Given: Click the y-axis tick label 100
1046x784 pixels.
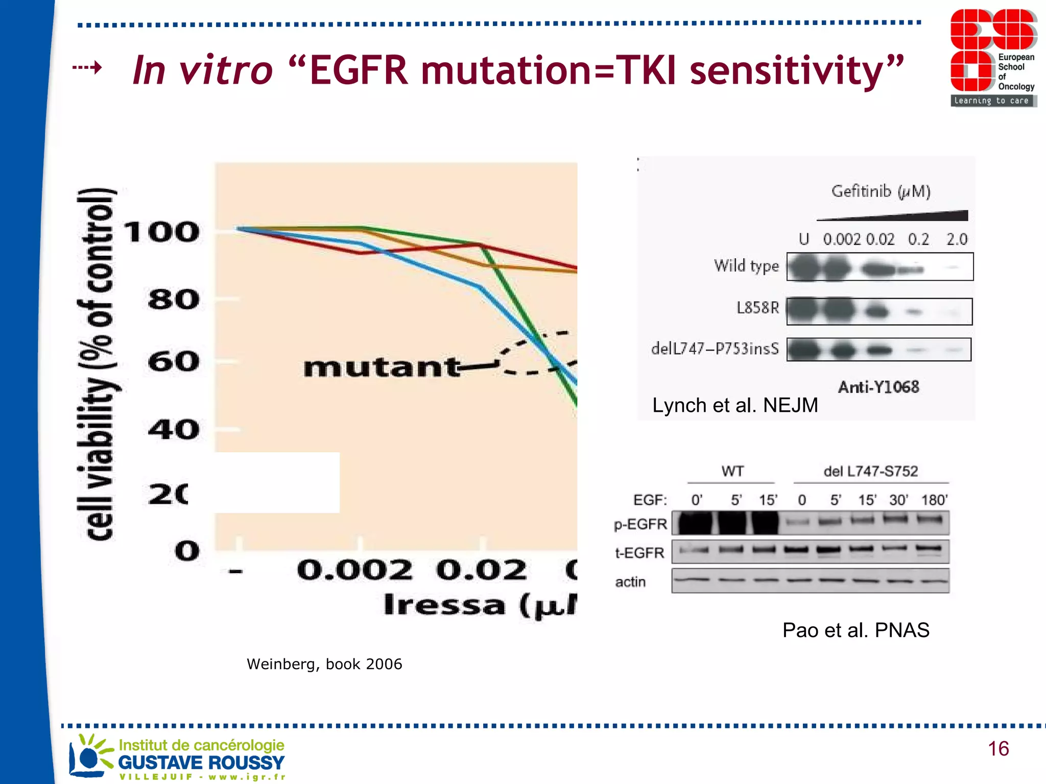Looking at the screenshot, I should click(161, 232).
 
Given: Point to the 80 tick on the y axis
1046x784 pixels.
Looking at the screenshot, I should click(174, 300).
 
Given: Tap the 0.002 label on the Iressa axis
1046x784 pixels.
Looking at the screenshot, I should click(354, 570).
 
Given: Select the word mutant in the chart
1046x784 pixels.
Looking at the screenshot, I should click(382, 367).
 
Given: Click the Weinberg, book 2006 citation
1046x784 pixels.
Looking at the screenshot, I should click(324, 664).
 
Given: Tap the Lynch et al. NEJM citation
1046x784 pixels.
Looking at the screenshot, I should click(735, 405).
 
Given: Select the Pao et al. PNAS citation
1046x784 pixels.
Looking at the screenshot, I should click(855, 630).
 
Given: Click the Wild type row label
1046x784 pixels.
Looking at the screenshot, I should click(746, 266).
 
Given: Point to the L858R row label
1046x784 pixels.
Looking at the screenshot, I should click(757, 308).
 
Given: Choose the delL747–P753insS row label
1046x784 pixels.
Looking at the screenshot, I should click(715, 349).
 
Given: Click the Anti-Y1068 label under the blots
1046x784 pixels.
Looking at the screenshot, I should click(878, 387).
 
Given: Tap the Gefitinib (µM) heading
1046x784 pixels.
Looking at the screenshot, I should click(881, 191).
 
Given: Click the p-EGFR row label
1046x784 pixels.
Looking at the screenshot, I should click(640, 524).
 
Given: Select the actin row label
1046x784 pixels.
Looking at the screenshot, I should click(630, 582).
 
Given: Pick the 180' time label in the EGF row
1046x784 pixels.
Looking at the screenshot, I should click(934, 500).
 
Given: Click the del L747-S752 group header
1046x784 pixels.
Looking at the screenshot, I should click(870, 471).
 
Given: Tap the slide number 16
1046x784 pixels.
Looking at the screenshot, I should click(998, 749).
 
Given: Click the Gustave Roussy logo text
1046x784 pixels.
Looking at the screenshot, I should click(201, 763).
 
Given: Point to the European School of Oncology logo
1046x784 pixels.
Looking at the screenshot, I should click(993, 57).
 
